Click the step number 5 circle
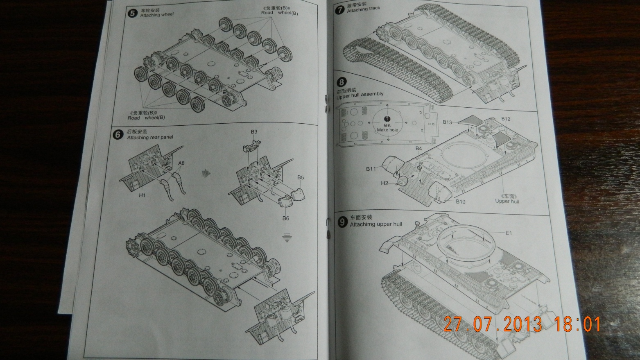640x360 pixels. click(132, 13)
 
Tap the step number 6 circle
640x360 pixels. click(118, 135)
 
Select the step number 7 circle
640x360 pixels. click(340, 9)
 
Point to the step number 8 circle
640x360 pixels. click(341, 82)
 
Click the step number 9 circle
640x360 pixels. click(342, 222)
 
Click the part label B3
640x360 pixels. click(254, 132)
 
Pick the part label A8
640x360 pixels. click(181, 163)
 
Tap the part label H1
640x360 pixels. click(142, 195)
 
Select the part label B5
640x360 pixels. click(301, 178)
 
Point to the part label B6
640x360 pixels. click(286, 218)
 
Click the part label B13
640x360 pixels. click(447, 122)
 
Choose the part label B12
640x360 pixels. click(506, 119)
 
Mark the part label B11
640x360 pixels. click(371, 169)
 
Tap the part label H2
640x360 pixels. click(384, 183)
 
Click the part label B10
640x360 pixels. click(461, 202)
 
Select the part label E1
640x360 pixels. click(509, 233)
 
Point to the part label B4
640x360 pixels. click(418, 149)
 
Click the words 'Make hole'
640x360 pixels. click(387, 130)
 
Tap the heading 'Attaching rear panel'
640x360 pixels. click(150, 138)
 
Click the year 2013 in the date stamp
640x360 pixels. click(522, 324)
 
